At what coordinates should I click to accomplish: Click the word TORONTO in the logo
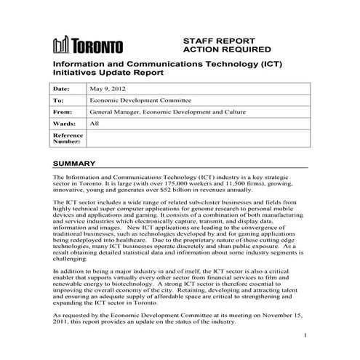coord(97,48)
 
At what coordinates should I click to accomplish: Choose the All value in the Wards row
coord(94,124)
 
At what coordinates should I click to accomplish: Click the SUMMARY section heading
coord(76,164)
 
